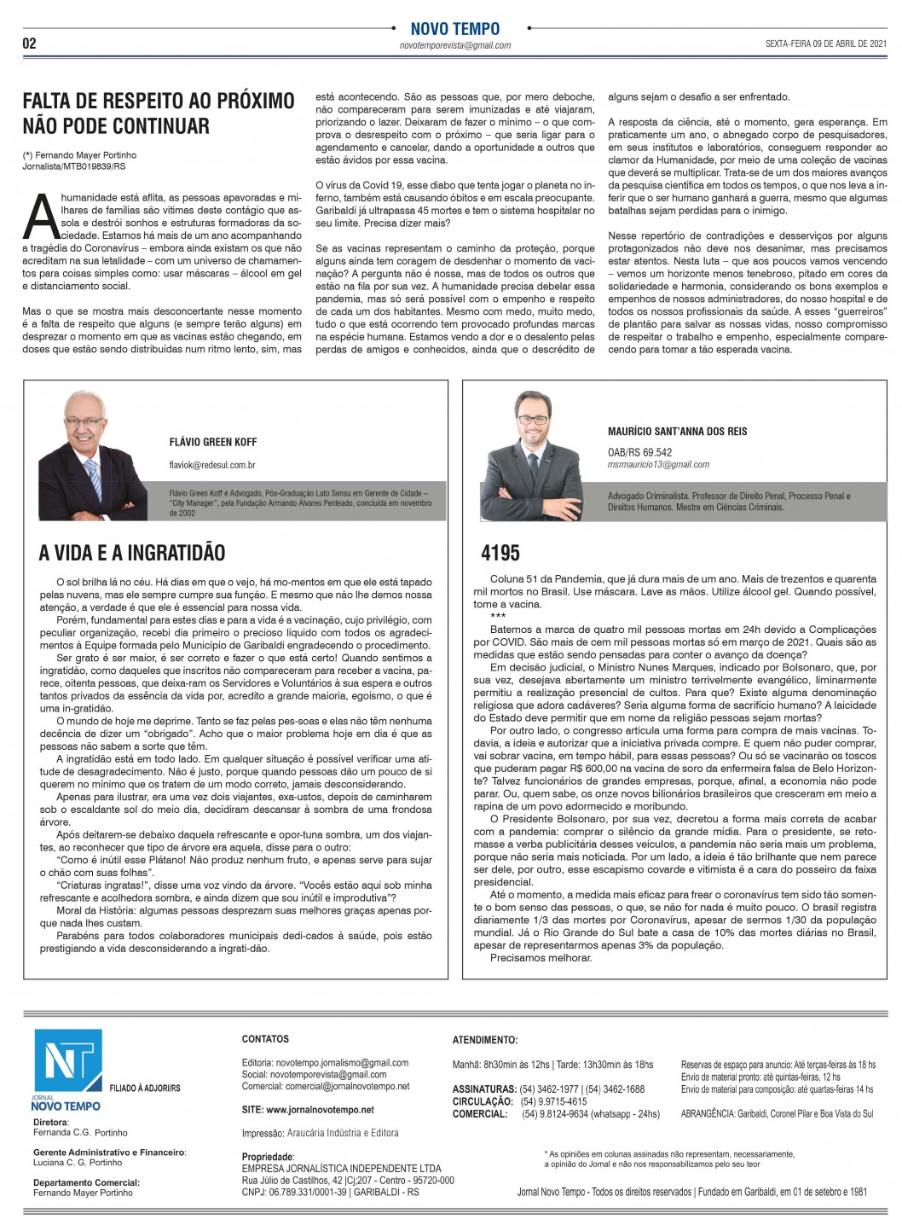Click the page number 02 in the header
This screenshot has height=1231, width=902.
coord(30,44)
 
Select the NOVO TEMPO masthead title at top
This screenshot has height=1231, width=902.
coord(454,29)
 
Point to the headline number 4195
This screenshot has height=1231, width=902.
coord(500,553)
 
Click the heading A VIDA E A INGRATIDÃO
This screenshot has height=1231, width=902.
coord(132,553)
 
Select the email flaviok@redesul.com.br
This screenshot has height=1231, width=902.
coord(212,466)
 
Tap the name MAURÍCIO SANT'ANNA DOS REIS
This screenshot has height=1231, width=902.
coord(677,432)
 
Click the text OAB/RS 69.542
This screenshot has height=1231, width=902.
coord(639,452)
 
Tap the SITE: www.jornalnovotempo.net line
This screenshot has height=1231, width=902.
coord(308,1110)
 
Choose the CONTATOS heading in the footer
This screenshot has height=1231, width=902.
coord(265,1039)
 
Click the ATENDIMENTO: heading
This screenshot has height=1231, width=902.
coord(484,1040)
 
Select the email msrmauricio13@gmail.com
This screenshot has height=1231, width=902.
coord(658,465)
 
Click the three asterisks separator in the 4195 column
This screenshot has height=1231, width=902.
coord(498,616)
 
